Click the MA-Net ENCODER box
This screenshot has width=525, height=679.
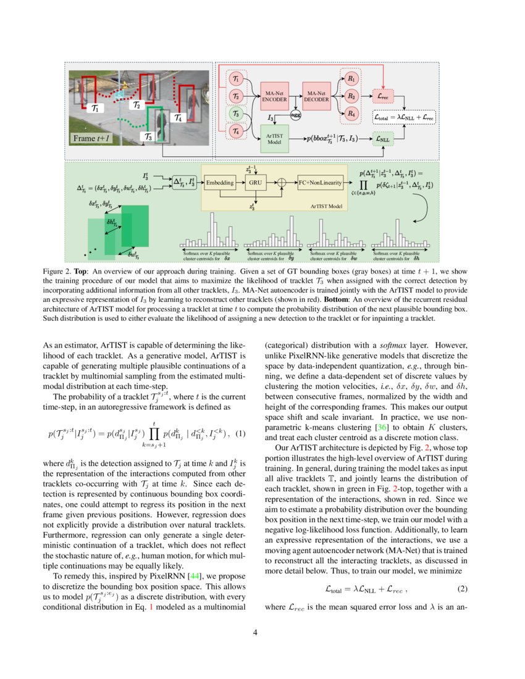coord(275,96)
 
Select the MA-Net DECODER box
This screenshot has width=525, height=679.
coord(317,96)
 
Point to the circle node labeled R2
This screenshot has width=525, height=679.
coord(351,96)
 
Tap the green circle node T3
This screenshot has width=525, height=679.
coord(236,114)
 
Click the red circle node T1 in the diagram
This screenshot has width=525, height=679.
coord(236,79)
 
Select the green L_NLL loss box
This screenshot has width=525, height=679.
coord(384,140)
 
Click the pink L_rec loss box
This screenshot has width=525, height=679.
coord(384,96)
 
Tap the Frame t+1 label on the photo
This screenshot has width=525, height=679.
coord(91,139)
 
